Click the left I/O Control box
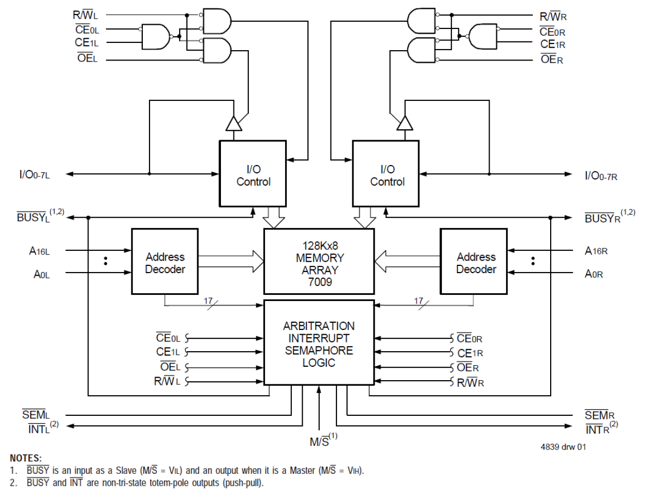[x=253, y=174]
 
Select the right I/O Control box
[x=386, y=174]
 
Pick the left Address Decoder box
[x=165, y=262]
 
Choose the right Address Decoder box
[x=474, y=262]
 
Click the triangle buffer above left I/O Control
[x=234, y=124]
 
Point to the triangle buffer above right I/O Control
[x=405, y=124]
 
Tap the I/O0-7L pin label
[x=35, y=175]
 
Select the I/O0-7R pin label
[x=601, y=176]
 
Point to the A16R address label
[x=596, y=251]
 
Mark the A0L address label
[x=42, y=274]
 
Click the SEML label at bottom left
[x=36, y=415]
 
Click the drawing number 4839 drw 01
[x=563, y=447]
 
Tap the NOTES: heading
[x=26, y=458]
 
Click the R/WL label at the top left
[x=85, y=16]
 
